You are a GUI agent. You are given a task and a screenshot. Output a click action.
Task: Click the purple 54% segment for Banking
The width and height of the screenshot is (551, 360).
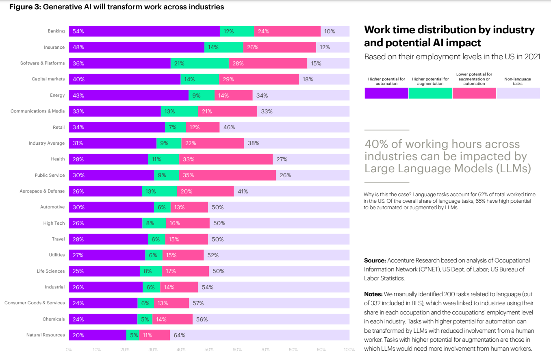(x=144, y=31)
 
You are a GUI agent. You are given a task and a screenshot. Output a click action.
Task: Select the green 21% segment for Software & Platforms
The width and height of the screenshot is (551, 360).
(x=200, y=63)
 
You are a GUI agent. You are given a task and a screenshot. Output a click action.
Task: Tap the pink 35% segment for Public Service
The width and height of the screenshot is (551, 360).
(x=227, y=175)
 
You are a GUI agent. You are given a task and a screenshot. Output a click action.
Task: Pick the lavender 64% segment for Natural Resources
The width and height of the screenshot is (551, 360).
(x=259, y=335)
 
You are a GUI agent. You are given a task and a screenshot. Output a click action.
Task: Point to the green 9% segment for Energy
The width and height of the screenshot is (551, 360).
(x=201, y=95)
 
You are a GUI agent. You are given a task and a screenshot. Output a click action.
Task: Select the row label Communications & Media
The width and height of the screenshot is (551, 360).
(x=37, y=111)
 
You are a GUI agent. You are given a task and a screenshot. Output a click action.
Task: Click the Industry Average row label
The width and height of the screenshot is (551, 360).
(x=46, y=143)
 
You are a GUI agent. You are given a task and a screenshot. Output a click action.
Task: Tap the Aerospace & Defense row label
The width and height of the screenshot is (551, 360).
(x=42, y=191)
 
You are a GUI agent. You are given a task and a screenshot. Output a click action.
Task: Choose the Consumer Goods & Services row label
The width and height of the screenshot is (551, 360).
(x=35, y=303)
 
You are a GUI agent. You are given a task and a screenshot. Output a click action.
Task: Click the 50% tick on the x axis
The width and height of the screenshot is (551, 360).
(x=209, y=349)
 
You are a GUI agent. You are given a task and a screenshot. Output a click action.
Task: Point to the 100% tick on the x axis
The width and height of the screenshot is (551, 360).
(x=349, y=349)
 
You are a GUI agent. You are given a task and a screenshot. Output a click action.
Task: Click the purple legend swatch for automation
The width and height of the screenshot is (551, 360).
(x=386, y=93)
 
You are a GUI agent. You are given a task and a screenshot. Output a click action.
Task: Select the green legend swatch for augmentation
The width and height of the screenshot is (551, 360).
(x=430, y=93)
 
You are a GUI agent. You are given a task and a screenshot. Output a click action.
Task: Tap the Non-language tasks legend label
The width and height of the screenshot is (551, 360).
(x=517, y=81)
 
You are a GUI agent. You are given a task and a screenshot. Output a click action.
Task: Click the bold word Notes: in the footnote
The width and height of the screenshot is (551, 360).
(x=373, y=294)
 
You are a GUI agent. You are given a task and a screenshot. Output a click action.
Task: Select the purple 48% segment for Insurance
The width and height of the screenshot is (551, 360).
(x=137, y=47)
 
